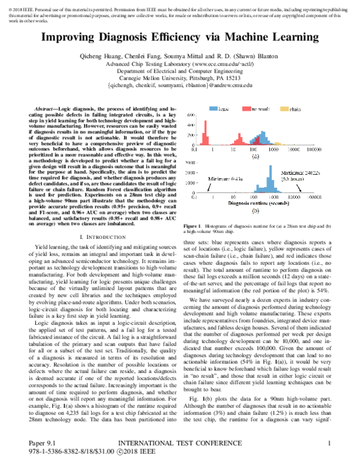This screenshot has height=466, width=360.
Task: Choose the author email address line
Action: click(179, 86)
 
